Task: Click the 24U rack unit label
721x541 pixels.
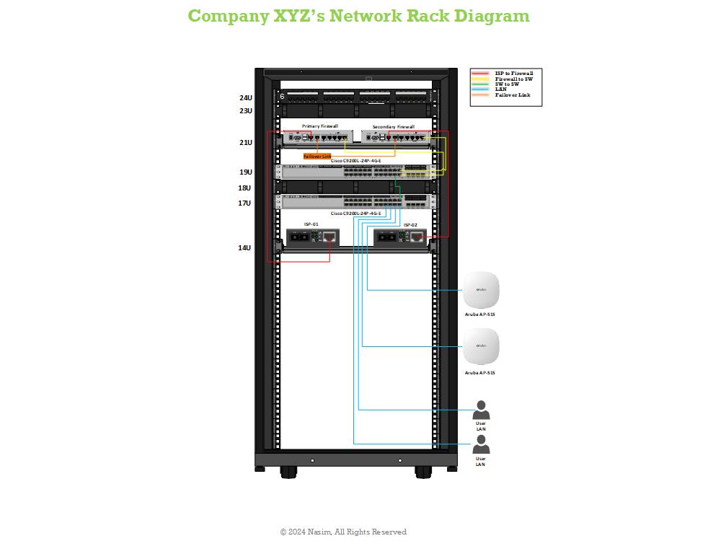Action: coord(246,98)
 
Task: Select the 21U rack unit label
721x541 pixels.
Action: coord(246,143)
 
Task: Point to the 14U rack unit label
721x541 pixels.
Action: coord(245,248)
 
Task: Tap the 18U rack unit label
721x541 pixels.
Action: coord(245,188)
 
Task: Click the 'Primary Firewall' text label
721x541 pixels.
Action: coord(320,126)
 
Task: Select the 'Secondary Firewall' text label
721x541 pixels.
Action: coord(393,127)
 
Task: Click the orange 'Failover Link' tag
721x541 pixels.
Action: coord(317,156)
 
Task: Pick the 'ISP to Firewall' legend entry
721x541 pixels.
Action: coord(513,74)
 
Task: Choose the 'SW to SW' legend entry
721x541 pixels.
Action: coord(507,84)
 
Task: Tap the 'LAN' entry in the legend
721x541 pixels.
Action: coord(500,89)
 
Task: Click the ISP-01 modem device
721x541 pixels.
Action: coord(313,237)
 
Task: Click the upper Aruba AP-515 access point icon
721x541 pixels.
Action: coord(481,290)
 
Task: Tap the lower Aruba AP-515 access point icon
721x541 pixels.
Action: coord(481,347)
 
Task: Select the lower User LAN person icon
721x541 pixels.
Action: coord(481,444)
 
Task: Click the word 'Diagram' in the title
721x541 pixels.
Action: coord(491,16)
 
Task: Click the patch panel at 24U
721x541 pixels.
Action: coord(355,97)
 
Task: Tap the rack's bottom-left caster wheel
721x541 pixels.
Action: coord(288,472)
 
